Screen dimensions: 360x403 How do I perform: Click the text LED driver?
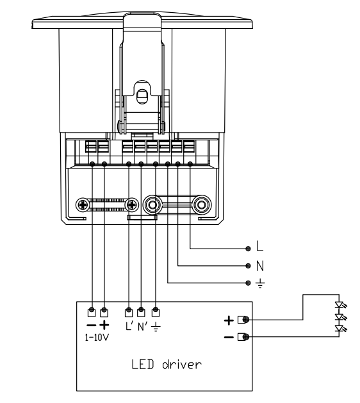point(167,365)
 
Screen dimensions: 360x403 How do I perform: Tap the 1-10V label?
point(97,337)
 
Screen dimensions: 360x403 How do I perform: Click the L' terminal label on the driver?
point(129,326)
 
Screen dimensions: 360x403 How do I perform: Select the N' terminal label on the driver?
point(142,327)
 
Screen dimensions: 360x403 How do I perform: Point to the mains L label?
point(260,246)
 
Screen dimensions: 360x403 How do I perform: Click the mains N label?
point(260,266)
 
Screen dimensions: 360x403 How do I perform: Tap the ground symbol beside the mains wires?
point(260,283)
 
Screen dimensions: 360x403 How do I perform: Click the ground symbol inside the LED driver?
point(156,327)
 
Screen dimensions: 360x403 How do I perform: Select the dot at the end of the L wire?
point(248,249)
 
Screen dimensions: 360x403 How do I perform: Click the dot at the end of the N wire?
point(248,266)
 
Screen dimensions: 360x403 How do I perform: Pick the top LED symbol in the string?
point(340,305)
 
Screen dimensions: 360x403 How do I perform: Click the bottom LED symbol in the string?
point(340,329)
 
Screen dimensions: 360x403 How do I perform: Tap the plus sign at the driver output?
point(229,320)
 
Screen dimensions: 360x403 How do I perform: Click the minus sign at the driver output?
point(229,337)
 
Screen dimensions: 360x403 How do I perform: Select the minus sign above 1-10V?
point(91,325)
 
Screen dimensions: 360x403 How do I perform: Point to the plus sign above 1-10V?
point(104,325)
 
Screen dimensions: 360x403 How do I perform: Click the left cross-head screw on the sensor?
point(83,205)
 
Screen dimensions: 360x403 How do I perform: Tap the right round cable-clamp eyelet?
point(201,205)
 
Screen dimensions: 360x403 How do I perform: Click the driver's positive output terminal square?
point(241,320)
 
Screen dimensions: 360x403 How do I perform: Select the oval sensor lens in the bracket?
point(142,96)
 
